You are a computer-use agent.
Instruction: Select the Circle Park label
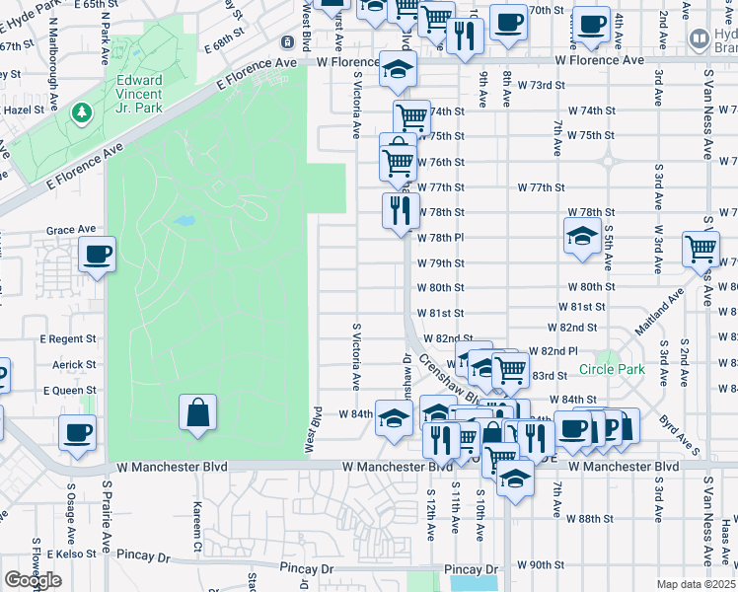(612, 370)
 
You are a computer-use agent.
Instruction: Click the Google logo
(33, 580)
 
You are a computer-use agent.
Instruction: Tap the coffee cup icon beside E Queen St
(77, 432)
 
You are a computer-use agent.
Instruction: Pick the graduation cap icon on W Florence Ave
(399, 69)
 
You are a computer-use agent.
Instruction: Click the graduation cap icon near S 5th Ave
(582, 237)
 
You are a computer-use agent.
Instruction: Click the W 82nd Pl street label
(553, 351)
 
